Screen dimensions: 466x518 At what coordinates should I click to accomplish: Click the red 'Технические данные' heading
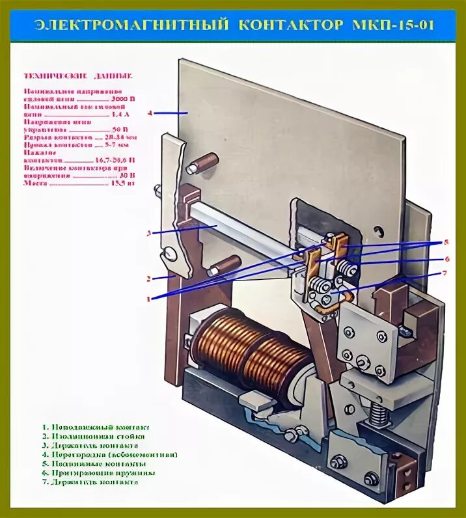click(x=79, y=76)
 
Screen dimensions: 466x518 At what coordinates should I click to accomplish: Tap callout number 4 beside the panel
click(x=149, y=113)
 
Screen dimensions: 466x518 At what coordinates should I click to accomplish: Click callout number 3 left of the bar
click(x=149, y=232)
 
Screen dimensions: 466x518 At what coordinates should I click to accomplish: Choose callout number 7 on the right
click(x=445, y=273)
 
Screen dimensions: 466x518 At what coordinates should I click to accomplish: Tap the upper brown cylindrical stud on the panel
click(x=204, y=163)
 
